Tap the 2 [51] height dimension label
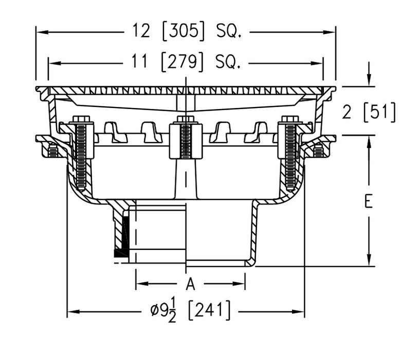[x=369, y=112]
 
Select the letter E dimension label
[x=368, y=202]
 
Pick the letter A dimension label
[x=190, y=283]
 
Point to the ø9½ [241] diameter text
[x=190, y=311]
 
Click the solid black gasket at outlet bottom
[x=121, y=253]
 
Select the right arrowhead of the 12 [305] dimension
[x=331, y=32]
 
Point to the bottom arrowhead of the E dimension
[x=368, y=262]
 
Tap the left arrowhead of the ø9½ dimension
[x=71, y=311]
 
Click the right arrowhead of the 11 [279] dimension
[x=319, y=63]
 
